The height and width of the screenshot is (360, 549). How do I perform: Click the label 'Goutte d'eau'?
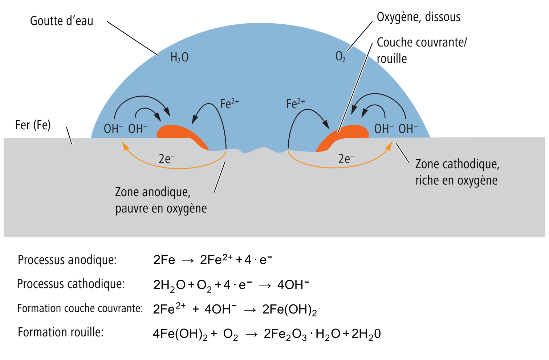point(61,21)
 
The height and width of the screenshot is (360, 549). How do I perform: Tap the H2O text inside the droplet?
point(179,58)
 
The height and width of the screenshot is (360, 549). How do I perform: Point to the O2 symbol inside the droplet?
point(341,57)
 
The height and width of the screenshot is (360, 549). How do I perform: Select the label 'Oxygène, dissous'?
point(419,17)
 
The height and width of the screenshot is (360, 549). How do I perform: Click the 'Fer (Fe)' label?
point(33,125)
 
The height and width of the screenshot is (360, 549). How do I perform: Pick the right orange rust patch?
point(342,138)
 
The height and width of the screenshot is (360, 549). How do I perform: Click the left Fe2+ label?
point(229,104)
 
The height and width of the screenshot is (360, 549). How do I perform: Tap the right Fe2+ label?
point(296,104)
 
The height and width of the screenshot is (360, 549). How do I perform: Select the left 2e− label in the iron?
point(167,159)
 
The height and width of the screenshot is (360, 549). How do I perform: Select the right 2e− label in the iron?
point(346,159)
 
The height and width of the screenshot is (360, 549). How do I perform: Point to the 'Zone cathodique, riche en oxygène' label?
point(457,172)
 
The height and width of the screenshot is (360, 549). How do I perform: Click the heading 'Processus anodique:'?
point(67,260)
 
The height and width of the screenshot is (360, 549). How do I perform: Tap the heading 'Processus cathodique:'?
point(71,284)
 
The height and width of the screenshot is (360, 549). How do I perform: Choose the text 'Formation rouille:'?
point(61,332)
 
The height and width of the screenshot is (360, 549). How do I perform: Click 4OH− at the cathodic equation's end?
point(293,284)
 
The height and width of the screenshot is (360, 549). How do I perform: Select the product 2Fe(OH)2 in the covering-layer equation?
point(289,310)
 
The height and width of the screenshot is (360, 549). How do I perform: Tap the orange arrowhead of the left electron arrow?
point(126,146)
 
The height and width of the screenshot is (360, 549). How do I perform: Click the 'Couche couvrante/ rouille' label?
point(422,50)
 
